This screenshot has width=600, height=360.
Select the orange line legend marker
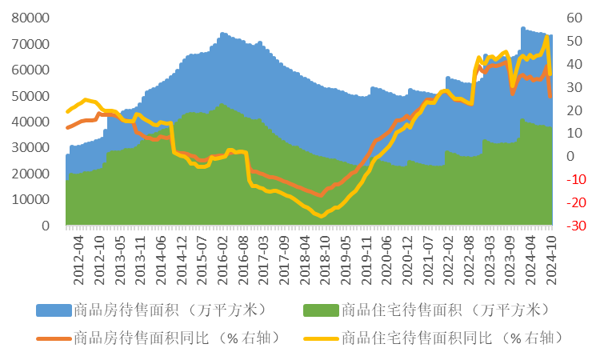point(53,338)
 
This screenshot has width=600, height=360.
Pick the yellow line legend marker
point(321,338)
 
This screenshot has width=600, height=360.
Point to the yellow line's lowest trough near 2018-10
point(320,216)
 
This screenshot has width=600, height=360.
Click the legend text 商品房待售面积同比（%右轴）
point(176,338)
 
